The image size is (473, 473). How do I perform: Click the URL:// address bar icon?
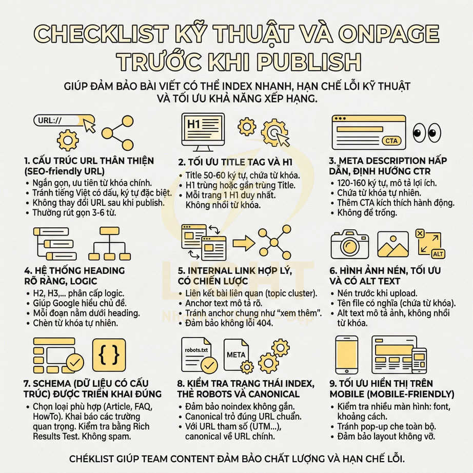coord(56,121)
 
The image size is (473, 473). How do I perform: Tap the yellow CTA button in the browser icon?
coord(391,141)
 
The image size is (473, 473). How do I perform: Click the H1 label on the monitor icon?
coord(194,124)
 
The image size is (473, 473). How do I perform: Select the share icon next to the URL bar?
coord(117,133)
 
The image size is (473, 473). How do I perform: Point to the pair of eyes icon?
coord(427,132)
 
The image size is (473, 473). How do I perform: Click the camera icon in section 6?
coord(349,244)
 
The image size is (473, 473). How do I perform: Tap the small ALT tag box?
coord(438,254)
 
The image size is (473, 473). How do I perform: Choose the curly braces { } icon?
coord(109,354)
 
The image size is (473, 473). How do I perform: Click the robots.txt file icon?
coord(199,354)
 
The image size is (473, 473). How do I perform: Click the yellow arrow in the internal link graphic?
coord(244,243)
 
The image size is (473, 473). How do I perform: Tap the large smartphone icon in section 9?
coord(346,354)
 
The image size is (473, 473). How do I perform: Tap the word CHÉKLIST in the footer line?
coord(100,458)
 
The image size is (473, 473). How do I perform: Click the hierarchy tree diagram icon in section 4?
coord(109,244)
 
